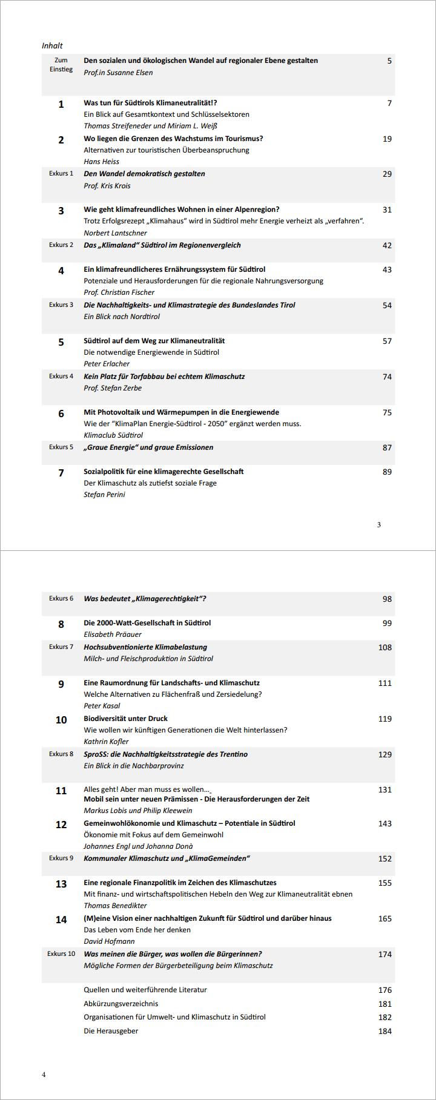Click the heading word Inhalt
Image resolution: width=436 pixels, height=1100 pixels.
(52, 45)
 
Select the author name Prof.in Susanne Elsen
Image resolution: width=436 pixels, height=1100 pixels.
(118, 73)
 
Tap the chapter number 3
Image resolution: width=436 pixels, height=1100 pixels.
(61, 211)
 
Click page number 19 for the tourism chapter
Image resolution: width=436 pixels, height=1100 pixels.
(387, 139)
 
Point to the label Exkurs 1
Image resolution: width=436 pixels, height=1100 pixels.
(61, 174)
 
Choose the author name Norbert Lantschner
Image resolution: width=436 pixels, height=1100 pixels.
(115, 233)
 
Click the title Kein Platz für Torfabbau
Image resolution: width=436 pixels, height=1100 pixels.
(164, 377)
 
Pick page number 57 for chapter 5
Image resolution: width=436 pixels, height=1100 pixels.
(387, 341)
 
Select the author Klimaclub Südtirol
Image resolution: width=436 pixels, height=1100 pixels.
(113, 435)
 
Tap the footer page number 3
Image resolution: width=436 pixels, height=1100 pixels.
(379, 525)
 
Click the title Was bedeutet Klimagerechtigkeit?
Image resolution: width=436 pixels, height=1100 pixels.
(145, 599)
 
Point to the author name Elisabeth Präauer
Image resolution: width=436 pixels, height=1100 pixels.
(113, 634)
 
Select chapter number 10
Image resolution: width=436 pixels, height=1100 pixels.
(61, 720)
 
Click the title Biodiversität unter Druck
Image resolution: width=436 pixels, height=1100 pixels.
(125, 719)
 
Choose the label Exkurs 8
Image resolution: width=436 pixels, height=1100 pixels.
(61, 754)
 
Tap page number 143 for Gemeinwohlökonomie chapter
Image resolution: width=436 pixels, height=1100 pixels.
(385, 823)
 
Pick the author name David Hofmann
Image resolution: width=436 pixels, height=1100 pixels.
(109, 941)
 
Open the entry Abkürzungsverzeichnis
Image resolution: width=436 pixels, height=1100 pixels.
(121, 1003)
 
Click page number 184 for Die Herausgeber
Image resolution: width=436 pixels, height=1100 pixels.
(385, 1031)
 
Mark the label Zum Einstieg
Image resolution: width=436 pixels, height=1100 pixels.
(61, 65)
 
